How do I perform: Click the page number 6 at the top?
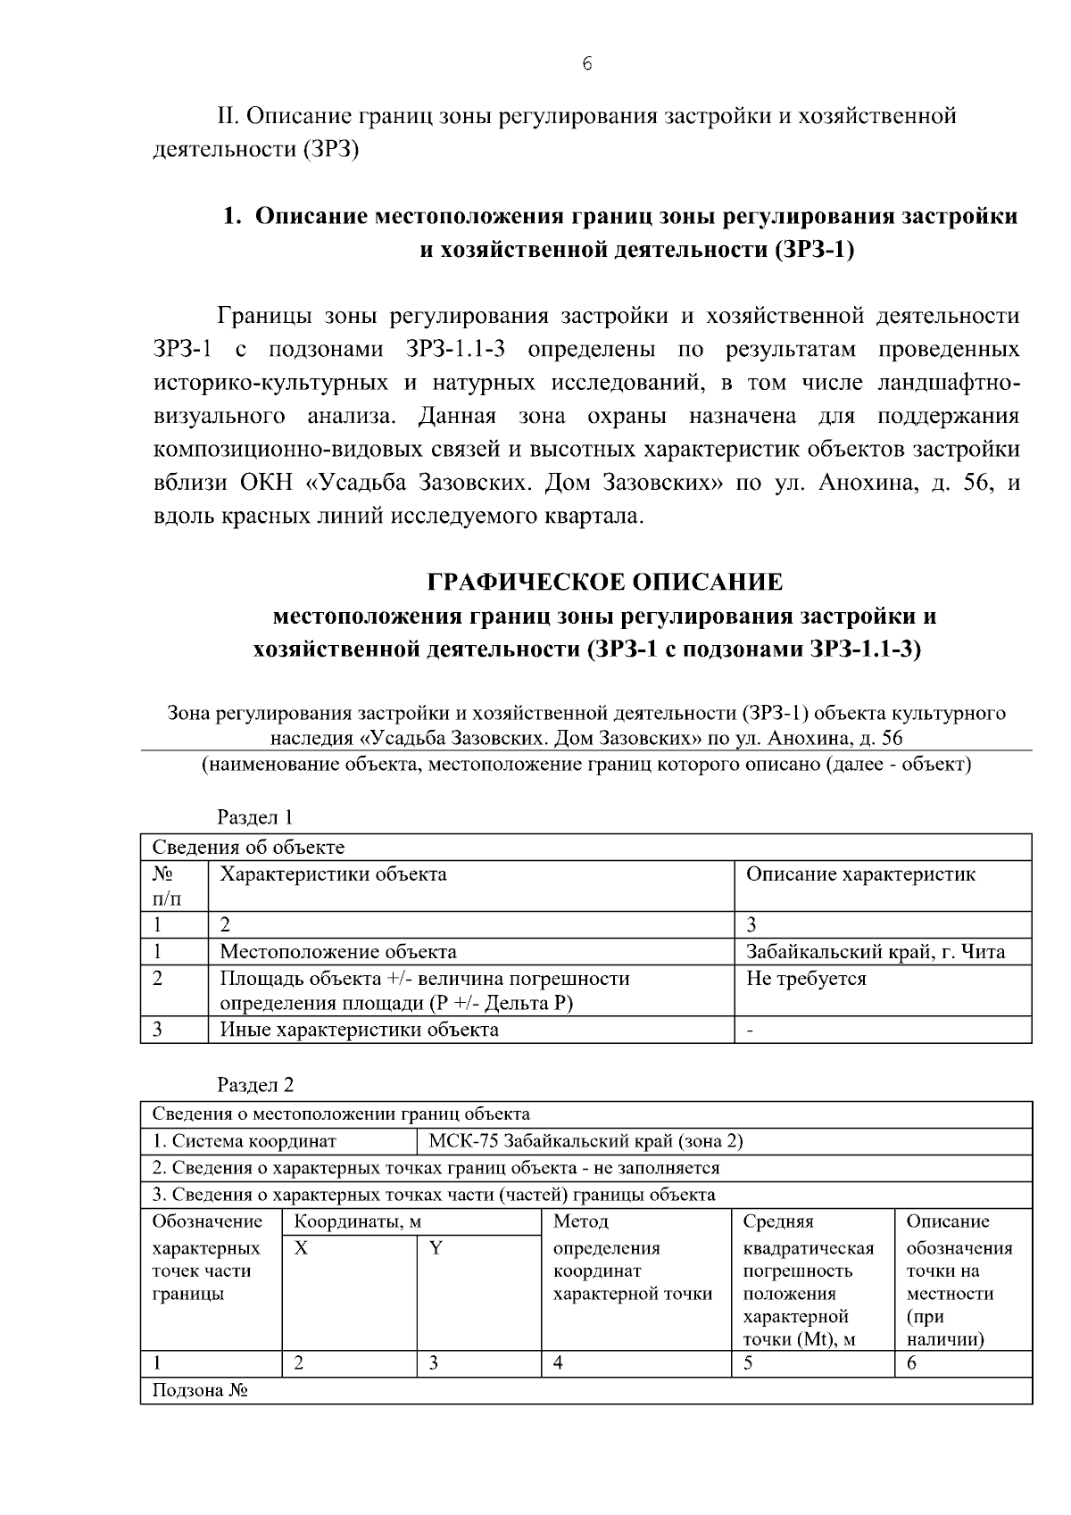click(x=586, y=63)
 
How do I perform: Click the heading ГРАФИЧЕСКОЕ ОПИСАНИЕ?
click(x=604, y=583)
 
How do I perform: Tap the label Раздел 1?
click(x=255, y=817)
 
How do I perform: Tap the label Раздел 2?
click(x=255, y=1085)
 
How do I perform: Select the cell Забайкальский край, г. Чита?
click(x=875, y=952)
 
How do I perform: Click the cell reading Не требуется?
click(x=806, y=979)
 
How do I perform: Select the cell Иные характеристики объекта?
click(x=359, y=1030)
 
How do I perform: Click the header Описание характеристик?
click(x=860, y=874)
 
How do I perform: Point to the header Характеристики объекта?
click(x=333, y=874)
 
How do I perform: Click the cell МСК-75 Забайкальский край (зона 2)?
click(x=585, y=1141)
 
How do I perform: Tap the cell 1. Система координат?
click(x=245, y=1141)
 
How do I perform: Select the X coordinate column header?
click(x=302, y=1248)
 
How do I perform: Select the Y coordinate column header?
click(x=436, y=1248)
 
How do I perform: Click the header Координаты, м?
click(x=357, y=1221)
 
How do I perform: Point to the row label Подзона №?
click(x=199, y=1391)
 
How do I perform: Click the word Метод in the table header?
click(x=580, y=1221)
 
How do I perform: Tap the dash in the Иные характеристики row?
click(x=750, y=1031)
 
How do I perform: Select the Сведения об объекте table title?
click(x=248, y=848)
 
